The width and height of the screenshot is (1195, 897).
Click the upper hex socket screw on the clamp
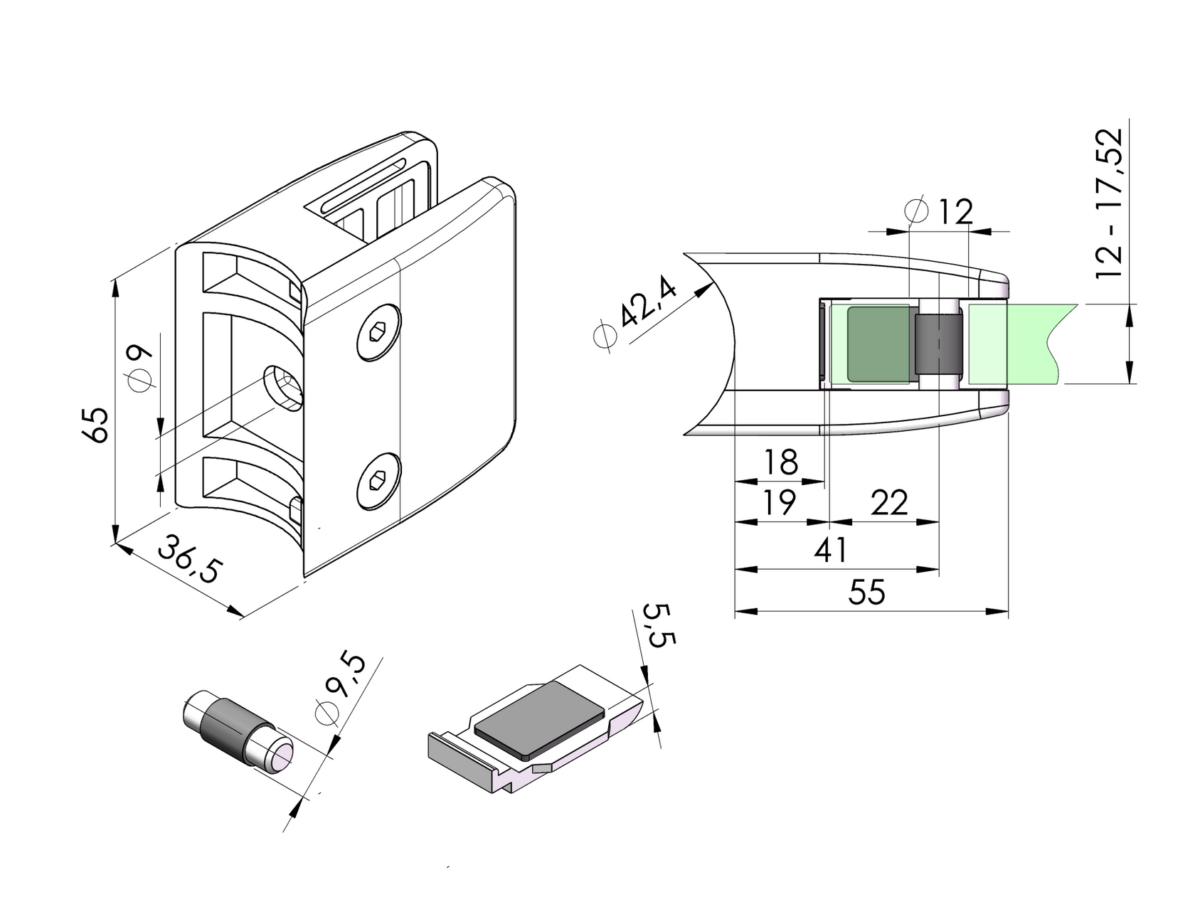coord(378,333)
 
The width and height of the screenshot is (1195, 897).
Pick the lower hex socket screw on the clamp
coord(378,481)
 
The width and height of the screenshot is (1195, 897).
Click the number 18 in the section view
coord(780,462)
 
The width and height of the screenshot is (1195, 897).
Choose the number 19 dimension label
coord(778,503)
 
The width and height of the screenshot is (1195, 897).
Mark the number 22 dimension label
coord(889,503)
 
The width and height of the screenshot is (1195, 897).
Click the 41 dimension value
coord(831,550)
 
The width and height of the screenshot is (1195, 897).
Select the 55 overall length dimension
coord(867,592)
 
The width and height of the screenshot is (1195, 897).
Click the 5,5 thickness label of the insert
coord(657,625)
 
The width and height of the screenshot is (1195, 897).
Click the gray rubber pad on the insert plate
coord(538,718)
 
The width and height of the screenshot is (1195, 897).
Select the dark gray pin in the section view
coord(939,344)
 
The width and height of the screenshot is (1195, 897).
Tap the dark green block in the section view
coord(878,344)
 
